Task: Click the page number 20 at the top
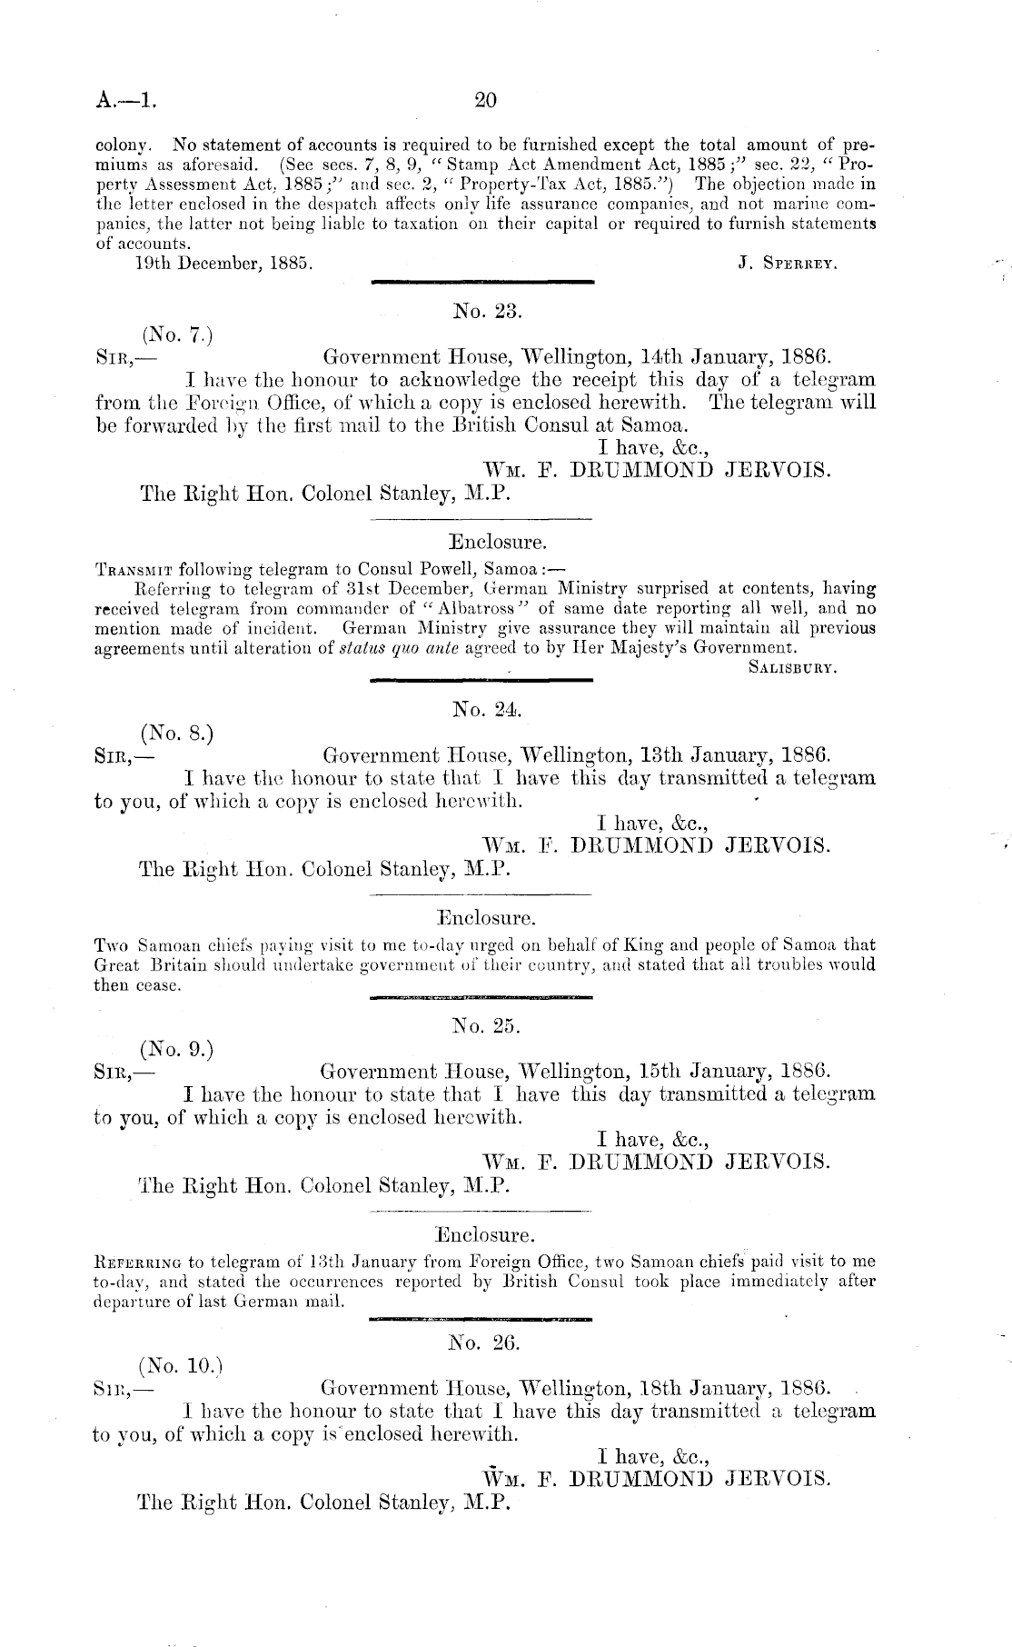tap(485, 100)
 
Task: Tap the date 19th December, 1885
tap(219, 264)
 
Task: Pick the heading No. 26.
tap(484, 1341)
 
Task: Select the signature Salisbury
tap(791, 668)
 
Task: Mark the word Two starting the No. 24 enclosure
tap(108, 945)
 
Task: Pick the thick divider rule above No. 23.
tap(483, 284)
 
